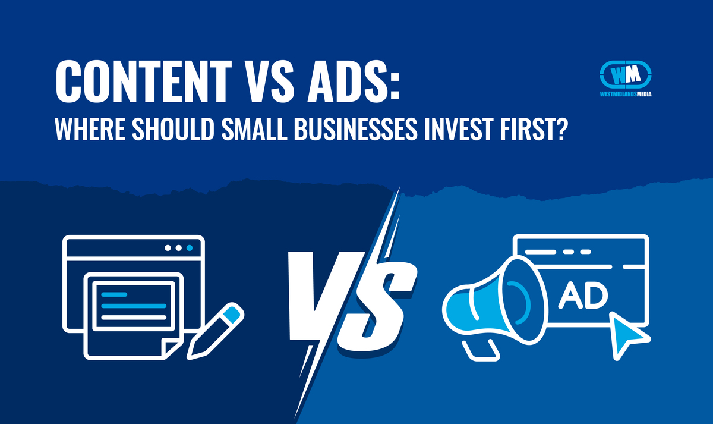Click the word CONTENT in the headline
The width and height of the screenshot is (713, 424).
point(144,81)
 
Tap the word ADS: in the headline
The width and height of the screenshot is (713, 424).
point(353,81)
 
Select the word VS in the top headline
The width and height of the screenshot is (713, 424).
point(269,81)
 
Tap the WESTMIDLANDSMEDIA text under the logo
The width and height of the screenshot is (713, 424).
point(626,94)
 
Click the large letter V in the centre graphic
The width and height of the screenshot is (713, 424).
point(321,295)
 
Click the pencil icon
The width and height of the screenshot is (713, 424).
point(216,331)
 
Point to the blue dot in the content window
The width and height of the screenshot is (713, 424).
point(190,248)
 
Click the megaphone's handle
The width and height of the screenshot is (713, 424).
point(481,350)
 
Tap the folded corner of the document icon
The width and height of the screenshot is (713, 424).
point(171,350)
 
